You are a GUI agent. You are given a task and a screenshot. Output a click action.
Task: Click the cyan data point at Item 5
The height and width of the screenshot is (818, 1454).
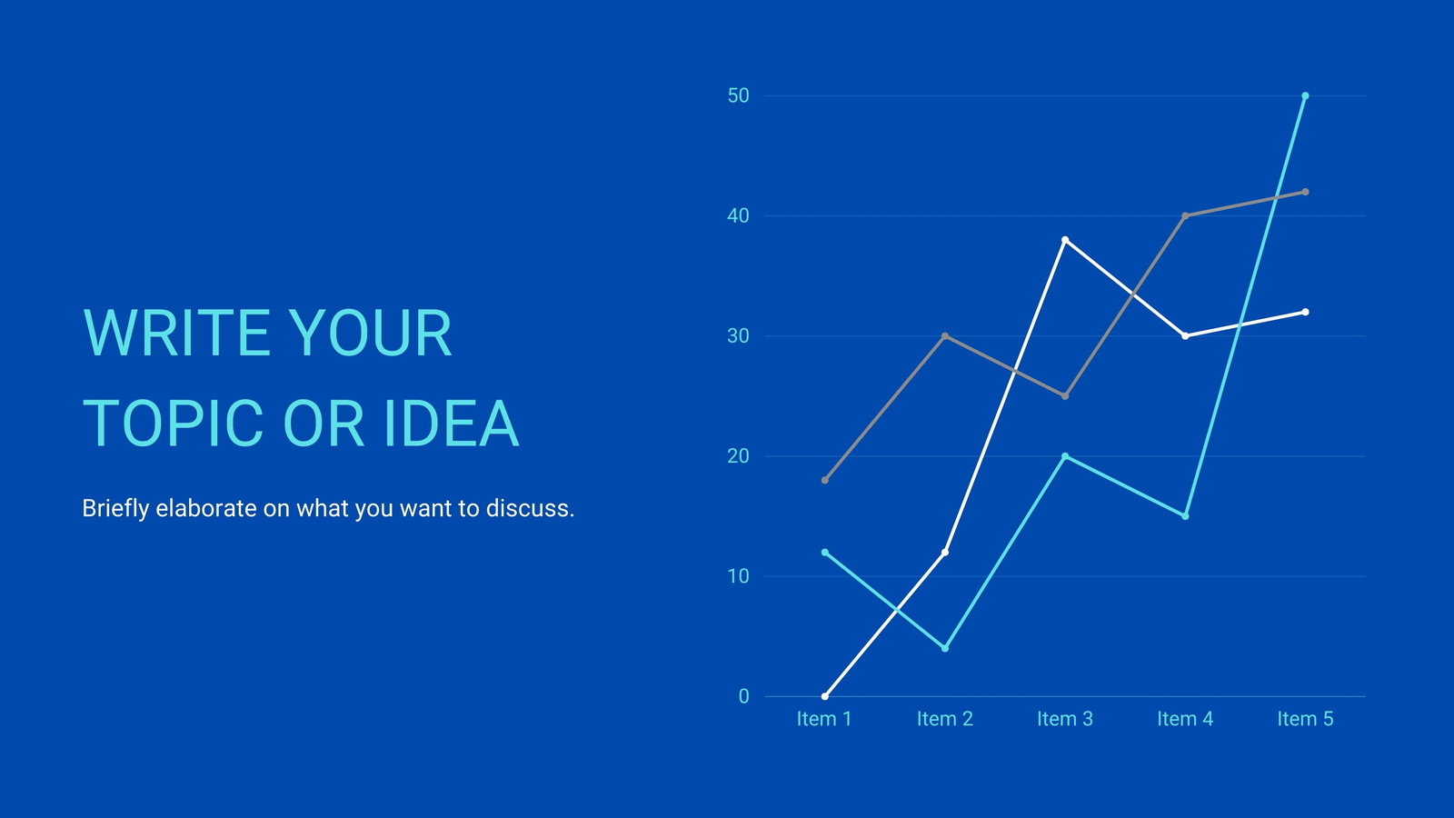tap(1305, 96)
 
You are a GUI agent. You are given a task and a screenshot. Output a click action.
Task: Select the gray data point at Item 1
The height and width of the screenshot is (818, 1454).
tap(825, 481)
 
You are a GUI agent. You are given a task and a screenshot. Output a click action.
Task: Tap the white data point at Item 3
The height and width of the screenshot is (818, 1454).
tap(1065, 240)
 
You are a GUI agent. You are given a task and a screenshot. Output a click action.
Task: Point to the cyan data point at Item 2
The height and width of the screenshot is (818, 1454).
tap(945, 649)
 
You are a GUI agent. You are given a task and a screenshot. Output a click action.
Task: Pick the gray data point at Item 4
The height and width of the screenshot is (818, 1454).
tap(1185, 216)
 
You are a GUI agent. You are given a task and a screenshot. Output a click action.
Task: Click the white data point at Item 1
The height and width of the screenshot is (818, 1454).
tap(825, 696)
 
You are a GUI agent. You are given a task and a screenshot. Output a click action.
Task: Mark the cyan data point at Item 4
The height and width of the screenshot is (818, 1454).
tap(1185, 516)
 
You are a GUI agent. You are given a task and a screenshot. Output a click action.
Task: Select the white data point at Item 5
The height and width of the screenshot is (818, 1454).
tap(1305, 313)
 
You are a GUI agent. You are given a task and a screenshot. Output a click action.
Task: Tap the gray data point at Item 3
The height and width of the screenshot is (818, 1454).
tap(1065, 396)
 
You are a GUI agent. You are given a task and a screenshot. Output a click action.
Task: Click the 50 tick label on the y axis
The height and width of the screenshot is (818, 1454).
tap(739, 96)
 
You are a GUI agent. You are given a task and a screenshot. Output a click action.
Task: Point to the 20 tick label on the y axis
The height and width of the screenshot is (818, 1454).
tap(739, 456)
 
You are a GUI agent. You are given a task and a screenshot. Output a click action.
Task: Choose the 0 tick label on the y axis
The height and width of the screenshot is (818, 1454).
tap(744, 696)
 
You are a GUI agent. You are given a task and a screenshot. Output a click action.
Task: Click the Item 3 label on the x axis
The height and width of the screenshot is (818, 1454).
tap(1065, 719)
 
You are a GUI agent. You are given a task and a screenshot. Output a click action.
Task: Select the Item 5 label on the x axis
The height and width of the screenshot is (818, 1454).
tap(1305, 719)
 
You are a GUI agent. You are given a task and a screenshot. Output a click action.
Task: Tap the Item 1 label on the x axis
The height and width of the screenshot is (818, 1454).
tap(824, 719)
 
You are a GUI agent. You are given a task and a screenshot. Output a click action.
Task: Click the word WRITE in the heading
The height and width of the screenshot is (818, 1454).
tap(176, 333)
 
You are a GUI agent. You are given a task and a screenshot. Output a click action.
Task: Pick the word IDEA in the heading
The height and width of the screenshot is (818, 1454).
tap(452, 424)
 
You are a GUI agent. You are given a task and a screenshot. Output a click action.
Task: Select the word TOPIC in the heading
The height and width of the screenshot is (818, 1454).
tap(173, 424)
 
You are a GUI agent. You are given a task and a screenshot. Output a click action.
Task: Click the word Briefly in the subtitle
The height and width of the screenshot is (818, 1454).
tap(115, 509)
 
